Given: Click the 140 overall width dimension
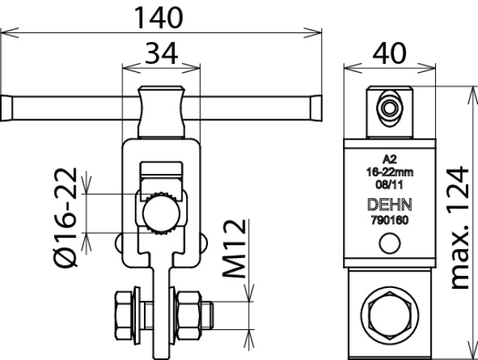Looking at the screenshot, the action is [x=158, y=18].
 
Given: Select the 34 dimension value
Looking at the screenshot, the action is [x=161, y=53].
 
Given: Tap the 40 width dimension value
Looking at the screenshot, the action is [x=389, y=53].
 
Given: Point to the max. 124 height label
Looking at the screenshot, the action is [x=459, y=227].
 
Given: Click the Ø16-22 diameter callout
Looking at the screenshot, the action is [x=65, y=217].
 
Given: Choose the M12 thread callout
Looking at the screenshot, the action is [x=234, y=248].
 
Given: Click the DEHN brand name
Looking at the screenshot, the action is [x=389, y=204].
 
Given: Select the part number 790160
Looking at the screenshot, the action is [x=389, y=220].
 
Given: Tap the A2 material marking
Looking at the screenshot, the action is [x=389, y=159].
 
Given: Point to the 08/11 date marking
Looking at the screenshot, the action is [x=389, y=184].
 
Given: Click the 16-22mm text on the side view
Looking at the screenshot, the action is [x=389, y=172].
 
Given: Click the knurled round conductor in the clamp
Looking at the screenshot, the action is [x=161, y=214].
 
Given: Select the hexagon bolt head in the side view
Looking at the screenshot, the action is [x=389, y=313].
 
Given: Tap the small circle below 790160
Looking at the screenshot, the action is [x=390, y=243].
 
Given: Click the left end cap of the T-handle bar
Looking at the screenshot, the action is [x=7, y=109].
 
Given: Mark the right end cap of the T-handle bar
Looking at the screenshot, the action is [x=317, y=109].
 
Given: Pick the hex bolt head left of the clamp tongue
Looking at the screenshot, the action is [x=124, y=315].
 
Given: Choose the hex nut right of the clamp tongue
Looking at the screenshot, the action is [x=188, y=315].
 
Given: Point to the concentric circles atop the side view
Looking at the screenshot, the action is [x=389, y=108].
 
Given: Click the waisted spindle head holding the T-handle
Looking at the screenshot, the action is [x=161, y=112].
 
